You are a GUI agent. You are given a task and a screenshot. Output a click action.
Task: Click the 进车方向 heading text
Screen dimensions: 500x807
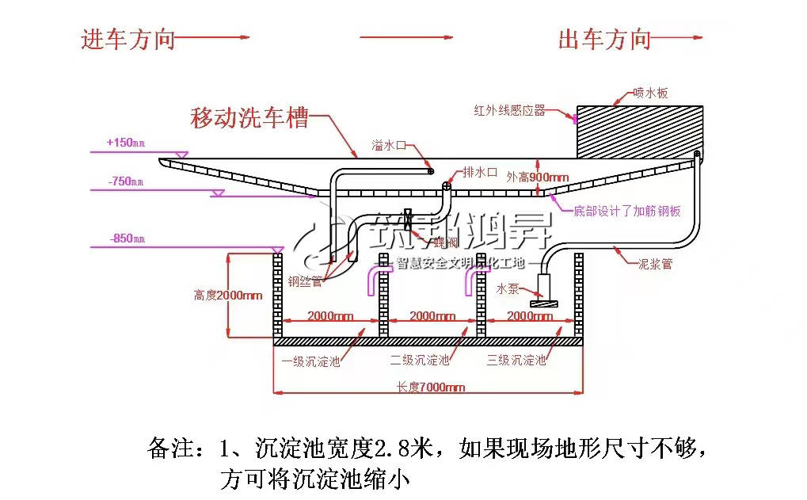(128, 39)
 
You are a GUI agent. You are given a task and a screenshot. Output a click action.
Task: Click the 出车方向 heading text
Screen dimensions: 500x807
(604, 39)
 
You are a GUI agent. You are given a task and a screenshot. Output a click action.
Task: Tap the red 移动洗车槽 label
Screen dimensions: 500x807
(249, 119)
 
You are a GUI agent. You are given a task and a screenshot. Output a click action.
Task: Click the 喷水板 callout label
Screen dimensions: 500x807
(650, 94)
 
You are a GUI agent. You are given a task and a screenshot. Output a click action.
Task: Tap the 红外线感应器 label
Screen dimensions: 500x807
(509, 111)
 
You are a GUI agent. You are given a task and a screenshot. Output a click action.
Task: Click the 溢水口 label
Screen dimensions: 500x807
(389, 146)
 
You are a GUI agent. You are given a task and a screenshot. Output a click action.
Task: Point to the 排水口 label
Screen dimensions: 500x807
(480, 173)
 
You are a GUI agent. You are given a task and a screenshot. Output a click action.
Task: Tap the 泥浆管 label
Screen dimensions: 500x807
(655, 264)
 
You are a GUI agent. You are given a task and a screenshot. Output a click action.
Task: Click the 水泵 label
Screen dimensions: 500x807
(508, 289)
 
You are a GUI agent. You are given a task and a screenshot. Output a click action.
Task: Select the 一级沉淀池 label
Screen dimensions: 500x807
(311, 361)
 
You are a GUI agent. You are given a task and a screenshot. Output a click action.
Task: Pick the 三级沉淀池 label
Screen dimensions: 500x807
(516, 361)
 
